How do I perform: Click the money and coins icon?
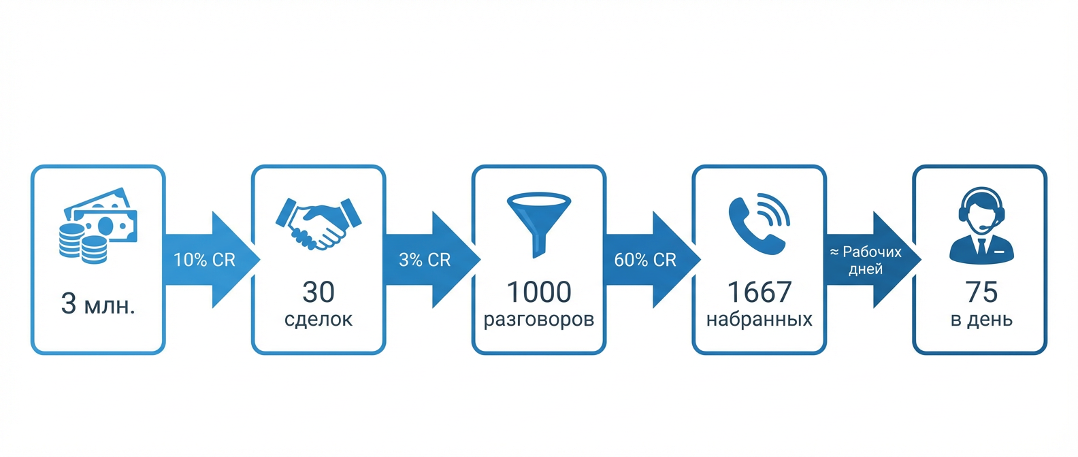tap(98, 224)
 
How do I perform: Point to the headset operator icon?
tap(981, 224)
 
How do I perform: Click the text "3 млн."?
tap(98, 304)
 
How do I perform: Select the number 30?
tap(318, 292)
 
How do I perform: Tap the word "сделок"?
tap(318, 319)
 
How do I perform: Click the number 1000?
tap(539, 292)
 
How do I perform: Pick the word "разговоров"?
tap(539, 319)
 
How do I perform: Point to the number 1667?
tap(759, 292)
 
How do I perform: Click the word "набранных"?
tap(759, 319)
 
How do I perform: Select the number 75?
tap(981, 292)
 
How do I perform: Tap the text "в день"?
tap(981, 319)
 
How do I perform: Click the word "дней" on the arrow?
tap(866, 269)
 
